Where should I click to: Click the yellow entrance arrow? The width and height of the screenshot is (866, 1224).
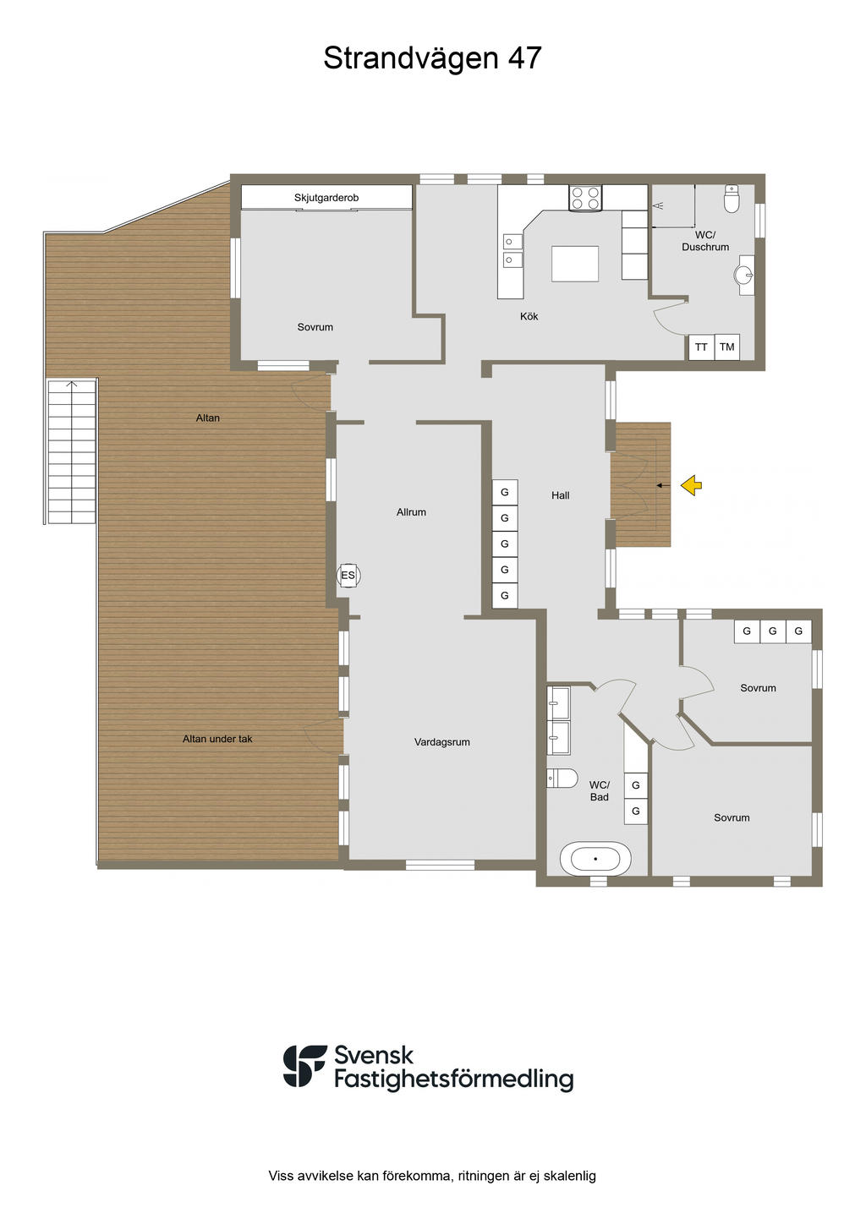click(x=692, y=484)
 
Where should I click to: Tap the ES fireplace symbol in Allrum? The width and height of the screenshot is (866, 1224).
click(x=348, y=576)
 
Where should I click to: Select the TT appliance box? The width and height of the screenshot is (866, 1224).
click(x=701, y=347)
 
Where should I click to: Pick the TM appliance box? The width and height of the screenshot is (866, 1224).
click(x=727, y=347)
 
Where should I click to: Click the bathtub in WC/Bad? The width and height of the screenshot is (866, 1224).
click(x=595, y=859)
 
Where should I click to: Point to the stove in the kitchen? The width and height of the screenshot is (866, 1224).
click(x=585, y=198)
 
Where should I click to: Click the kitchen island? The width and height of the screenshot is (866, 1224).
click(x=574, y=264)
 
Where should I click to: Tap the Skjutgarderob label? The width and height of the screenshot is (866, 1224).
click(x=326, y=197)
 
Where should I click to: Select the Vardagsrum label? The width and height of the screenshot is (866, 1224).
click(x=441, y=742)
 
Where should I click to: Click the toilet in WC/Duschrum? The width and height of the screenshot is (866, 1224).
click(x=732, y=199)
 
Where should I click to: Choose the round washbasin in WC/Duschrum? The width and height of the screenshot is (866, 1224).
click(x=744, y=275)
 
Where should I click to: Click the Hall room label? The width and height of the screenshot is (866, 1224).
click(x=561, y=495)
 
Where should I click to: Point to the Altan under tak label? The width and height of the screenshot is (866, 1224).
click(x=217, y=739)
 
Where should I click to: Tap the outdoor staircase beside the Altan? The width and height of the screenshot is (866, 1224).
click(x=72, y=452)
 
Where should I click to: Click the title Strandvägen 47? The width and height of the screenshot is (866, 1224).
click(x=432, y=58)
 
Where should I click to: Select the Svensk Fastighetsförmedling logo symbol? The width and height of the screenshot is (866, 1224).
click(x=304, y=1066)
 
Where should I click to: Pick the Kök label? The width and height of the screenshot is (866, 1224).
click(x=529, y=316)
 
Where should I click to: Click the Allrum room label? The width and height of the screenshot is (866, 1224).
click(x=411, y=512)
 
